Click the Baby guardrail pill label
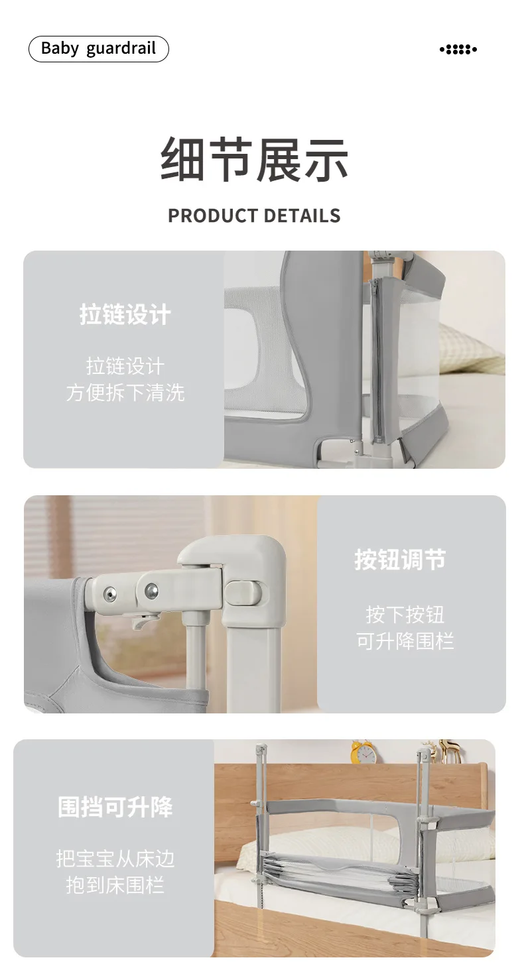pyautogui.click(x=98, y=49)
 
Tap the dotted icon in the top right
pyautogui.click(x=458, y=49)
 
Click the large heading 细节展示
pyautogui.click(x=254, y=159)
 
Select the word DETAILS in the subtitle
pyautogui.click(x=302, y=215)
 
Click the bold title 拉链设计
pyautogui.click(x=125, y=314)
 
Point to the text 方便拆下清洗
pyautogui.click(x=125, y=393)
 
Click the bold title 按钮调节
pyautogui.click(x=400, y=560)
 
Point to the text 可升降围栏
pyautogui.click(x=405, y=640)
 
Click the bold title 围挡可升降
pyautogui.click(x=115, y=807)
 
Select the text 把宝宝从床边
pyautogui.click(x=115, y=858)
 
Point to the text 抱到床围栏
pyautogui.click(x=115, y=884)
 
